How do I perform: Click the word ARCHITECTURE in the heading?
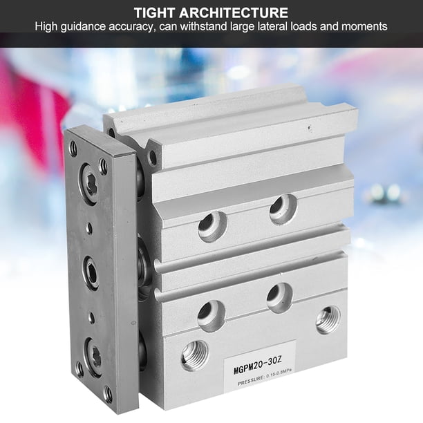[234, 12]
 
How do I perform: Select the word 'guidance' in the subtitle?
[83, 27]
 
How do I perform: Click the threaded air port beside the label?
[194, 355]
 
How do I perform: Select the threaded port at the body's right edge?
[328, 320]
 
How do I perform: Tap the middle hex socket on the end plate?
[91, 272]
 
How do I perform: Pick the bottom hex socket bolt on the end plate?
[93, 357]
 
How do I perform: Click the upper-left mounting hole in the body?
[213, 226]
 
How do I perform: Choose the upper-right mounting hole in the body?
[283, 209]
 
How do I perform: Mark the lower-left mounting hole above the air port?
[211, 316]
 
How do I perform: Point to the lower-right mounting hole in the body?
[280, 298]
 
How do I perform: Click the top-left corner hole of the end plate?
[73, 147]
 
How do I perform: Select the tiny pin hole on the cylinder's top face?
[310, 128]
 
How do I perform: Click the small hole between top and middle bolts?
[88, 228]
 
